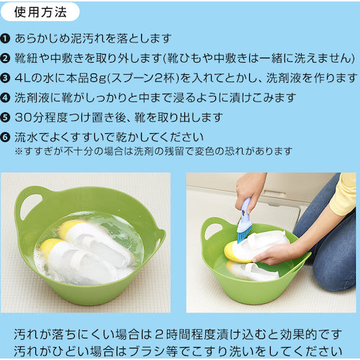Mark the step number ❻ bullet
click(8, 136)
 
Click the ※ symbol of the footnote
click(19, 151)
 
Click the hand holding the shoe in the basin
click(277, 252)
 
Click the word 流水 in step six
click(30, 136)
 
